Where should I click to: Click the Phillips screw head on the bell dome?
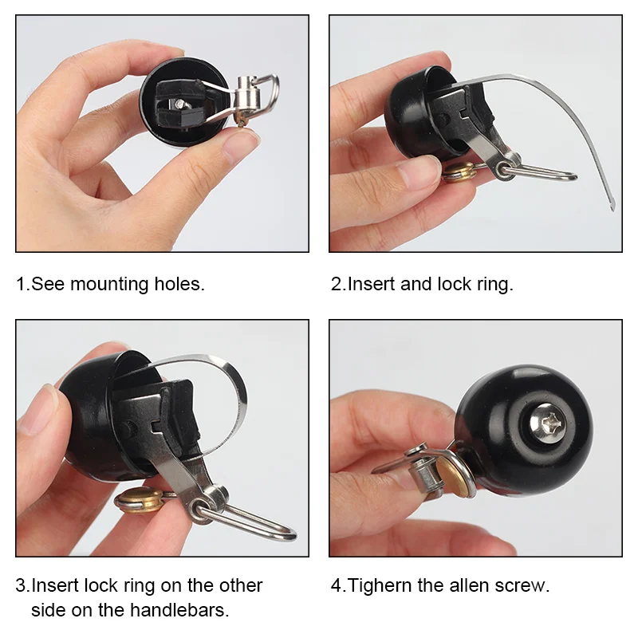[x=548, y=423]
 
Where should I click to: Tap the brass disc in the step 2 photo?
[x=459, y=171]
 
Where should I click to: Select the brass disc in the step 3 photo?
[x=139, y=501]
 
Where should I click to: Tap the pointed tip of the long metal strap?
[x=612, y=209]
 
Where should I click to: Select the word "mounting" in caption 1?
[x=109, y=284]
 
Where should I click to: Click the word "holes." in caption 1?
[x=179, y=284]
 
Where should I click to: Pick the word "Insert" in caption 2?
[x=371, y=284]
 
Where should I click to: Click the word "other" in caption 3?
[x=241, y=585]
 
